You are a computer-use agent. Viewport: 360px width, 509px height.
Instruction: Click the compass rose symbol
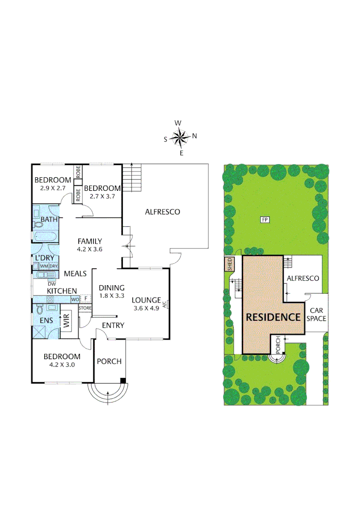180,137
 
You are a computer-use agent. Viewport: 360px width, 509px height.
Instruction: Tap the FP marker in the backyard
264,220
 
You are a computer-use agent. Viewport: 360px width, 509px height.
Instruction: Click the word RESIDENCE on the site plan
273,317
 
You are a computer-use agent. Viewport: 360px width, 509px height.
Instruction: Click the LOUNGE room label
146,299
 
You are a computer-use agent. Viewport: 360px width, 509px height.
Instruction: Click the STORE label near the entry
85,308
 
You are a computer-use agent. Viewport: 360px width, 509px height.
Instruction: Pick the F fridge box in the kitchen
86,298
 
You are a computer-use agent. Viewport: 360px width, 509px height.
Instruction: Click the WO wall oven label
74,299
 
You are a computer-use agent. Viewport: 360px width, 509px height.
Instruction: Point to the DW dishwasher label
52,284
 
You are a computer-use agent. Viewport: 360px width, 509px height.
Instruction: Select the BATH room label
49,220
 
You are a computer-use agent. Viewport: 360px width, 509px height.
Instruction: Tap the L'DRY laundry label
45,258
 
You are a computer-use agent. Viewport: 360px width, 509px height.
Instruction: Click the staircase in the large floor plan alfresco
131,178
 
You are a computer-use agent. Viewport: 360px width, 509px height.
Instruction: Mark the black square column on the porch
123,380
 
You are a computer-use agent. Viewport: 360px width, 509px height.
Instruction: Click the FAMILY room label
90,241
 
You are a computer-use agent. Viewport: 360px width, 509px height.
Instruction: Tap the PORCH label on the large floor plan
109,361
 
